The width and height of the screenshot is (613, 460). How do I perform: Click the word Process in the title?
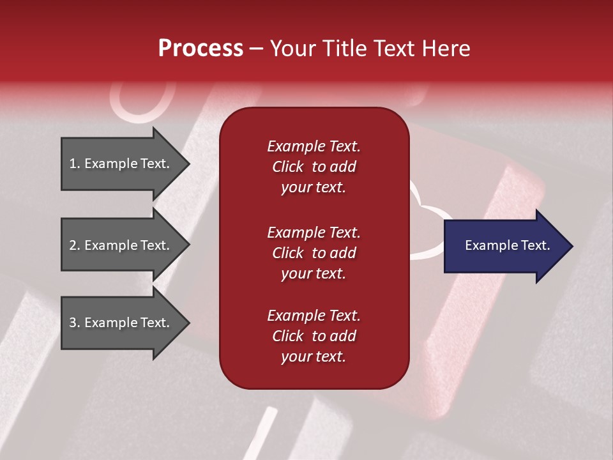click(201, 49)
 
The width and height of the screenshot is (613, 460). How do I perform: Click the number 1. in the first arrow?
click(75, 164)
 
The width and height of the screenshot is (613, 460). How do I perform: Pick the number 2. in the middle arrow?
click(75, 246)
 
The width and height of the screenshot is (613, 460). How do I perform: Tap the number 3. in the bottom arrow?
click(75, 323)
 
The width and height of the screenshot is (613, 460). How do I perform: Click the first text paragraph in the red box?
click(314, 167)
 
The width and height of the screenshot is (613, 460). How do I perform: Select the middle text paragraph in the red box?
click(314, 253)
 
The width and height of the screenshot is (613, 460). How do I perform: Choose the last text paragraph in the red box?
click(314, 336)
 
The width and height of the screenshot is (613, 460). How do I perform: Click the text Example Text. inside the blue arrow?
click(507, 245)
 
